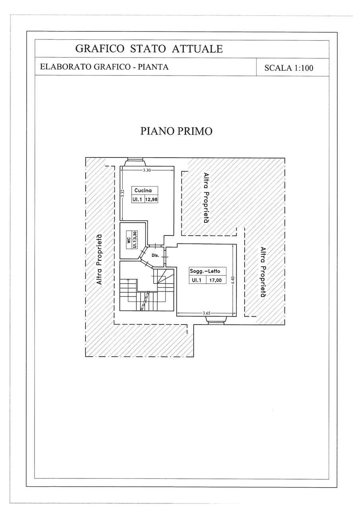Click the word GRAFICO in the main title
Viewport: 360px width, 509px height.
(x=99, y=49)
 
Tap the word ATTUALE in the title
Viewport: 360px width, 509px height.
(x=197, y=49)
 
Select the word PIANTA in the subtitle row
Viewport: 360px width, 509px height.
(x=154, y=67)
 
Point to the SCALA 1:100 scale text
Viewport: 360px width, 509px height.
(x=289, y=68)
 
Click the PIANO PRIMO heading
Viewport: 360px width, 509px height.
(x=176, y=131)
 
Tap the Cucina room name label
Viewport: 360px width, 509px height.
(x=143, y=190)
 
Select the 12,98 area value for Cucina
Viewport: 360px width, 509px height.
(x=152, y=200)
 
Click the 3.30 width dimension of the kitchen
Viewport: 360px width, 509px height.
(x=147, y=170)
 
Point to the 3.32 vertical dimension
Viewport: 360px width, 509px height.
(x=122, y=193)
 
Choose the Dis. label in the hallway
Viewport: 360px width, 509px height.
(x=155, y=255)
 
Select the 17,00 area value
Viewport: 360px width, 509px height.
(x=216, y=280)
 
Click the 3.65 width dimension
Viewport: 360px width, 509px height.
(x=206, y=313)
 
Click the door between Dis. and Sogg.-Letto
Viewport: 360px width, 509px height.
(x=165, y=257)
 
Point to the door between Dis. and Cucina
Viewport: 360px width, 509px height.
(x=155, y=246)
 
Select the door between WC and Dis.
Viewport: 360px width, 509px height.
(x=143, y=252)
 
